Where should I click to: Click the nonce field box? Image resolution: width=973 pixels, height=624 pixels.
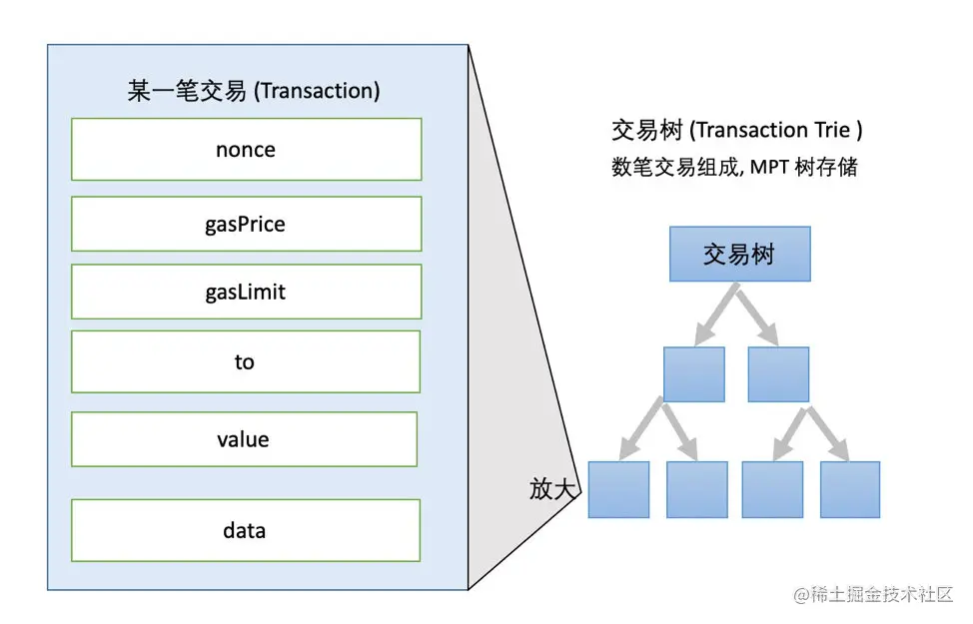point(246,150)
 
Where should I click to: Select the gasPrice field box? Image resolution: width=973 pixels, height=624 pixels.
point(246,224)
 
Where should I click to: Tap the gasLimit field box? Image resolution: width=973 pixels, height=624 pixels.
point(246,292)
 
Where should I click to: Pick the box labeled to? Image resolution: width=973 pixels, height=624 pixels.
point(246,361)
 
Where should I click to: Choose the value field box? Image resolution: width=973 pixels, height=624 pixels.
point(244,439)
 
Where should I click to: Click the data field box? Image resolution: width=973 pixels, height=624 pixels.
point(246,530)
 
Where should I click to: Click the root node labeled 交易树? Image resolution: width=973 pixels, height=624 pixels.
point(739,254)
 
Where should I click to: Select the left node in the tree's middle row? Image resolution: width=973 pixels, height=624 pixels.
point(693,373)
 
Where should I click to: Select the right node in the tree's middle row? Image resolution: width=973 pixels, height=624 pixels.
point(778,373)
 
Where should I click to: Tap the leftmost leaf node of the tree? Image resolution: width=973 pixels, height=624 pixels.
point(618,489)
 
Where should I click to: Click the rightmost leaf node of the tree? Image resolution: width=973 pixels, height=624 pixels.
point(850,489)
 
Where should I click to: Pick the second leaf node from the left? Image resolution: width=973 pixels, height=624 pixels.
point(696,489)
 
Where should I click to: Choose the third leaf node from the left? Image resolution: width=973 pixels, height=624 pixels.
point(772,489)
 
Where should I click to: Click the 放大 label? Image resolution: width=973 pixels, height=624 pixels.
point(552,489)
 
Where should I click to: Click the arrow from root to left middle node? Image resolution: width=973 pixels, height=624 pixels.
point(715,313)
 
